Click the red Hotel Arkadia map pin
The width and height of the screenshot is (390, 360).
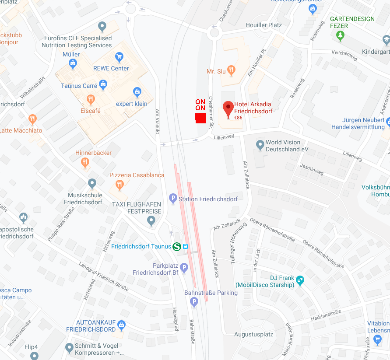click(x=228, y=108)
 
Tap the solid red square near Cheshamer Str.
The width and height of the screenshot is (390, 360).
click(x=200, y=118)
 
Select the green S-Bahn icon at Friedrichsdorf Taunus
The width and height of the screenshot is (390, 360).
click(x=177, y=246)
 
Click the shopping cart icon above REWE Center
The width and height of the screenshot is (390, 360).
click(x=119, y=56)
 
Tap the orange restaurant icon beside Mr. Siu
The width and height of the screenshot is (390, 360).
click(x=232, y=70)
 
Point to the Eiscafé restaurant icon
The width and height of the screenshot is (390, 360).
click(x=91, y=99)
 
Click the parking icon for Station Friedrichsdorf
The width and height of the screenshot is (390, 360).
click(x=173, y=199)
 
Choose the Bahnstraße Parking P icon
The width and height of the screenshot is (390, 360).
click(x=194, y=302)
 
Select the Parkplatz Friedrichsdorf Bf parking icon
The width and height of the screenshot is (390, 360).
click(x=184, y=268)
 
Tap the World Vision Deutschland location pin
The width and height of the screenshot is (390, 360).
click(x=260, y=144)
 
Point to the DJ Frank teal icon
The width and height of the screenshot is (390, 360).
click(x=300, y=280)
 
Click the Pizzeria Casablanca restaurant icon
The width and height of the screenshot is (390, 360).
click(x=119, y=185)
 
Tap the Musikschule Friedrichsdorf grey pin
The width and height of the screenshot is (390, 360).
click(x=92, y=183)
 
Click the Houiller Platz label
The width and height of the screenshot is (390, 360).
click(x=264, y=25)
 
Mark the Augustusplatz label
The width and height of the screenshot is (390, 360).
click(x=254, y=335)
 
